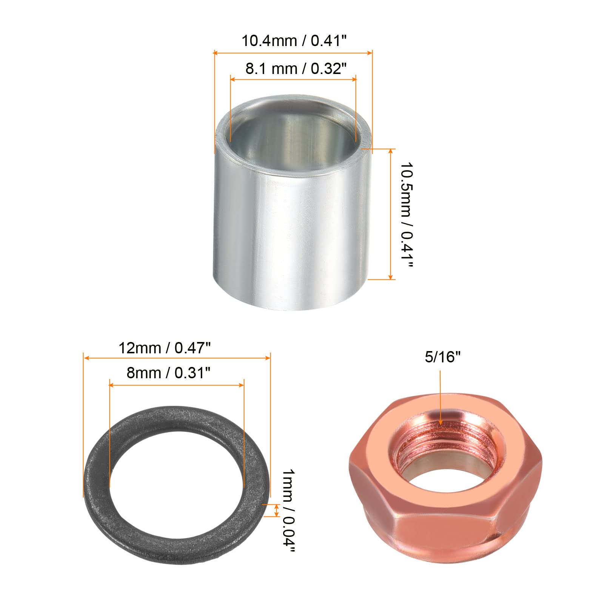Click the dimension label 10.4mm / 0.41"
pos(294,40)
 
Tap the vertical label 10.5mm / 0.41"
pos(407,215)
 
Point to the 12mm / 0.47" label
pos(164,348)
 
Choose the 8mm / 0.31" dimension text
pos(168,373)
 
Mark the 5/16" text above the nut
pos(443,357)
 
